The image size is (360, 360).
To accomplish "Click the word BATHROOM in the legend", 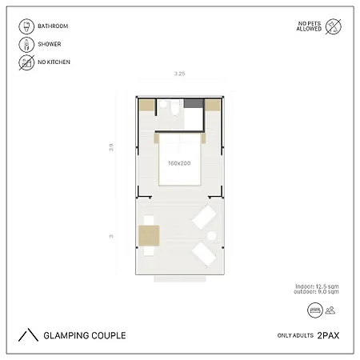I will [52, 26].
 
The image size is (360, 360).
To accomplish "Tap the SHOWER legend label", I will [49, 44].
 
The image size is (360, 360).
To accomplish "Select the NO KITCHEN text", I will [53, 62].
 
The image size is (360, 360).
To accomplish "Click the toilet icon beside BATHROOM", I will [26, 26].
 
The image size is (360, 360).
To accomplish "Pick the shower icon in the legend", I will [26, 44].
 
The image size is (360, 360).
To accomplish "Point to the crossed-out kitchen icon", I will [26, 62].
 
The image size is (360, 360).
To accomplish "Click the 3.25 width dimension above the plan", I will [180, 74].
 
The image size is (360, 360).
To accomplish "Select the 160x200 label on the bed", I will [179, 163].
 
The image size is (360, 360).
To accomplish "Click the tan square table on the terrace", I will [150, 234].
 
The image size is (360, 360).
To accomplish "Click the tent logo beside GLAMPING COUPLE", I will [29, 334].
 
